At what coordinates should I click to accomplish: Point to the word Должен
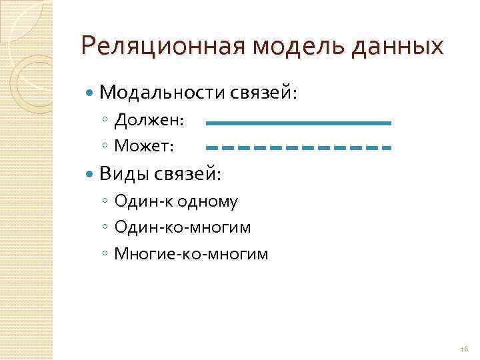click(149, 120)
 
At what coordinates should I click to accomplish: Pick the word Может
click(144, 145)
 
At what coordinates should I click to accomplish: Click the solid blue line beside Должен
click(298, 123)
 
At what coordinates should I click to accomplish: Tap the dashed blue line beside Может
click(298, 147)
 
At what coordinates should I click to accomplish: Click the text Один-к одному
click(176, 201)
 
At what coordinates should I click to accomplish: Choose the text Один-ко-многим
click(183, 227)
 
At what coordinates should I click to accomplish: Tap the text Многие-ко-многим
click(191, 253)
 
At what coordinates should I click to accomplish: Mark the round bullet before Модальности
click(91, 92)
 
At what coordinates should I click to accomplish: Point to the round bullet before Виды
click(91, 174)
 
